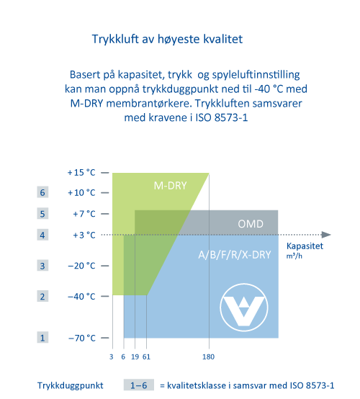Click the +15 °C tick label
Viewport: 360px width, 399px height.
(x=81, y=173)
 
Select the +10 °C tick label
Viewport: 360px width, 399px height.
(x=81, y=192)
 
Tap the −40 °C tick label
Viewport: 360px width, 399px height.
(x=81, y=297)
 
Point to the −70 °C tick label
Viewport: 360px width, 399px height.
(x=82, y=338)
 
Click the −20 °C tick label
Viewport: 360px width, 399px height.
(x=81, y=266)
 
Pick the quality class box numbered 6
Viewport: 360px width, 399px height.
(x=42, y=192)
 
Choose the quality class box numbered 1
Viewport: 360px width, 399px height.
(x=42, y=337)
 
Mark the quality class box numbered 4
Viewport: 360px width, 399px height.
(x=42, y=235)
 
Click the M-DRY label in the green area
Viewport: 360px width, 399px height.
(x=170, y=186)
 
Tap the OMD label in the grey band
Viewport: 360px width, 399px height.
(x=251, y=224)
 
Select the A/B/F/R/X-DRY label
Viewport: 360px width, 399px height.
(x=235, y=255)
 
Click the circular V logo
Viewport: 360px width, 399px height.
(x=244, y=307)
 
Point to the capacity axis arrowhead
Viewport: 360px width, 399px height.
(x=326, y=235)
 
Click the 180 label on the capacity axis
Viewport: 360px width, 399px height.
(x=208, y=357)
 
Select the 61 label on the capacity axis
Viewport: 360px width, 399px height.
(x=146, y=357)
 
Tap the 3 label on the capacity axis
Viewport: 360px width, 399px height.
(x=111, y=357)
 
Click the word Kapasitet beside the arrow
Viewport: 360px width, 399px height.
(x=305, y=246)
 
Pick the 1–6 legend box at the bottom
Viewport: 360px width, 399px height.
(x=139, y=385)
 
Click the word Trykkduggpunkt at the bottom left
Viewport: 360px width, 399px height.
(x=71, y=385)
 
